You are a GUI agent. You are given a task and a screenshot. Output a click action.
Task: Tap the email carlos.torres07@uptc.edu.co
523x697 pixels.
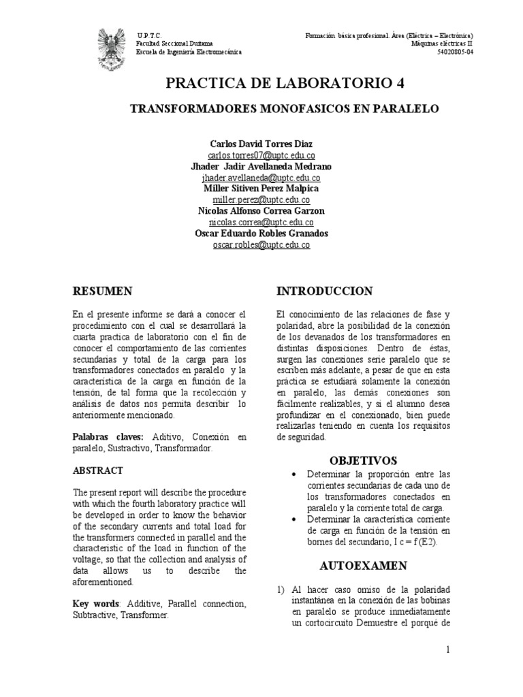point(261,156)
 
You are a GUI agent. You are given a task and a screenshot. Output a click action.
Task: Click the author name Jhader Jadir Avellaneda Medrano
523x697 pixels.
point(261,167)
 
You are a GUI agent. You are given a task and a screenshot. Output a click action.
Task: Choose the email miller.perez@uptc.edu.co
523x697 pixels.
point(261,200)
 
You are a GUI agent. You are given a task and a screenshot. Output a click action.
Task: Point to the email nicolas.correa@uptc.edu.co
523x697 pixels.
point(261,222)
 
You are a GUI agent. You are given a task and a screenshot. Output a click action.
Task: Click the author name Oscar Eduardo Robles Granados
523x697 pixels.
point(261,233)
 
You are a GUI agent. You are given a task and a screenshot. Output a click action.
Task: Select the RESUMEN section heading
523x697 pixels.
point(102,291)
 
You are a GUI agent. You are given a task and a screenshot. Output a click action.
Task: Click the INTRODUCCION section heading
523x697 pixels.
point(325,291)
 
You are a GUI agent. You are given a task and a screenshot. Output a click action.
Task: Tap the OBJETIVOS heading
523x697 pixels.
point(363,461)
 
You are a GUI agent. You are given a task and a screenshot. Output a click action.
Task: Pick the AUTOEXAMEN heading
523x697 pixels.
point(364,566)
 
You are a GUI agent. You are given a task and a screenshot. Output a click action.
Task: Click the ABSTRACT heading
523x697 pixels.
point(98,470)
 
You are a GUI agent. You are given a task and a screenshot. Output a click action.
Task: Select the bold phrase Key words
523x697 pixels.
point(95,604)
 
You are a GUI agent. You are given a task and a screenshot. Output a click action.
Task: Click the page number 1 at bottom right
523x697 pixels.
point(449,650)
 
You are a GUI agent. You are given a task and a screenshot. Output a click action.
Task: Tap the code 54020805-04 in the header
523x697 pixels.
point(455,52)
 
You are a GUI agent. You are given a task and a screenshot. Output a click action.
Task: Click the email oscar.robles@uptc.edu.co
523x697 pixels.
point(261,244)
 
